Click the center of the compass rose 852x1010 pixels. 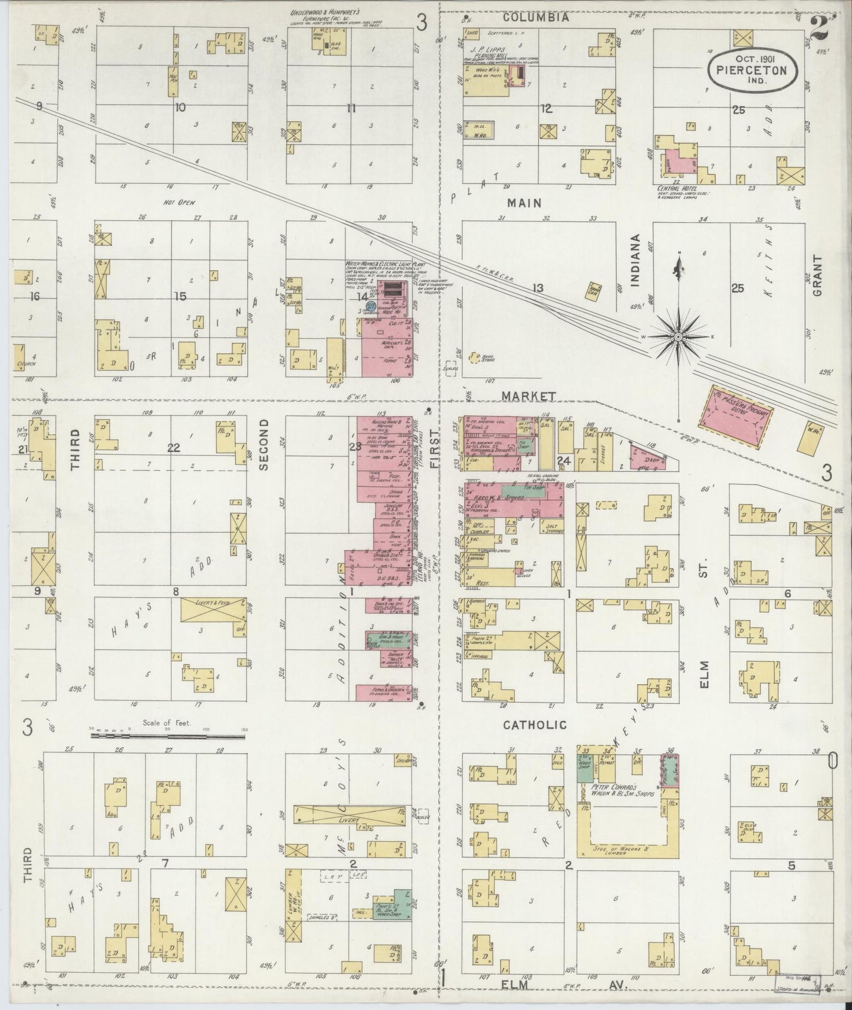click(679, 336)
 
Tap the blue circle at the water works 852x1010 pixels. click(371, 306)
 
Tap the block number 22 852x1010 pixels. click(173, 448)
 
